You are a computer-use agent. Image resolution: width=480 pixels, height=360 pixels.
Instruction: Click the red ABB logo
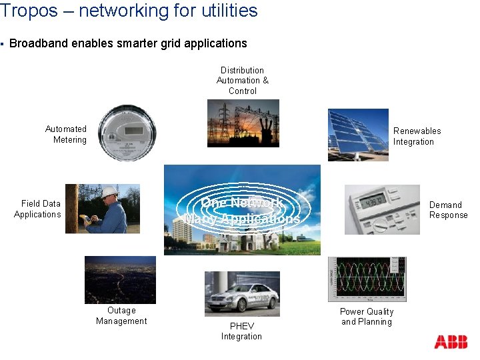click(x=451, y=342)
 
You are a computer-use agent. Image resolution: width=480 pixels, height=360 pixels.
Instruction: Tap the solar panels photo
click(x=357, y=135)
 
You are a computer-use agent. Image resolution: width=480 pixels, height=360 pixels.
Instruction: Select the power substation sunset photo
click(x=243, y=123)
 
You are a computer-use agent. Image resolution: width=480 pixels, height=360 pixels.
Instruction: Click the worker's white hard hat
click(x=109, y=191)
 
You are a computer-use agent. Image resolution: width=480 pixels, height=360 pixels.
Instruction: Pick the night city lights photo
click(x=120, y=279)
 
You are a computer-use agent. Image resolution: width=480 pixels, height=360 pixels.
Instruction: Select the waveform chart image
click(x=366, y=278)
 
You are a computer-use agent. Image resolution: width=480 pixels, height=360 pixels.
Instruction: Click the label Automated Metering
click(x=67, y=134)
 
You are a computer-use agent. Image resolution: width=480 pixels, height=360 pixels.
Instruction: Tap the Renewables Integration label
click(x=417, y=136)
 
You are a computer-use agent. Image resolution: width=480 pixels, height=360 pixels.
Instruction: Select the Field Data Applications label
click(x=39, y=209)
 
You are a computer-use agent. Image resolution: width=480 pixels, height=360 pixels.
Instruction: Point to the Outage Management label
click(x=121, y=315)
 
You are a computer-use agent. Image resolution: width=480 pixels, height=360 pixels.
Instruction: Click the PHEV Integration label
click(x=241, y=331)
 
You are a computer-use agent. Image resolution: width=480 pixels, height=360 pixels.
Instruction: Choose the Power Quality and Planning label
click(x=367, y=317)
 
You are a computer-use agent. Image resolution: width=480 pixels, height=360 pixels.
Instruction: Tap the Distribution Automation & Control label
click(x=243, y=80)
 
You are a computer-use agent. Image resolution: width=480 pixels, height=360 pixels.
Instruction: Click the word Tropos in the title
click(x=24, y=11)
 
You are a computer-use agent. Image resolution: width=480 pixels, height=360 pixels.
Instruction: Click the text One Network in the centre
click(x=242, y=203)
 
